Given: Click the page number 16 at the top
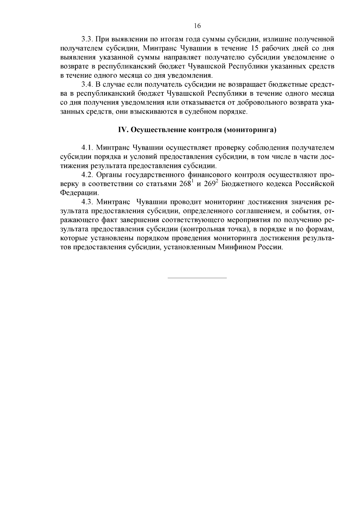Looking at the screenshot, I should pos(197,26).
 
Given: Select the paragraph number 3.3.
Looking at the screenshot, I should pos(87,39).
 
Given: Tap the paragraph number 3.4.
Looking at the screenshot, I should pos(87,85).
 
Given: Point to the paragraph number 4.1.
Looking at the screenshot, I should pos(87,148).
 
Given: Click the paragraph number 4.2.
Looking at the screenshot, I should pos(87,175).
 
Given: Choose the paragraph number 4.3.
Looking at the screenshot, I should pos(87,202).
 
